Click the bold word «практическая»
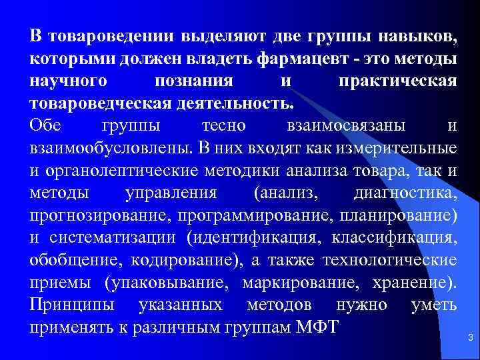(x=397, y=82)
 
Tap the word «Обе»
(x=45, y=126)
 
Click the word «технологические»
(x=389, y=260)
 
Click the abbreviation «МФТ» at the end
(x=319, y=328)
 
